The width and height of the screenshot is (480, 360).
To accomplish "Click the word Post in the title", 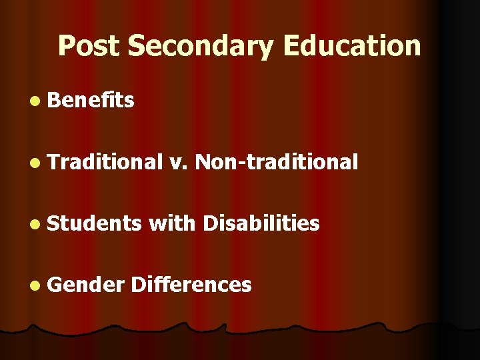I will point(89,46).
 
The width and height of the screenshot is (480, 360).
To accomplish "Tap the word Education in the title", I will point(352,46).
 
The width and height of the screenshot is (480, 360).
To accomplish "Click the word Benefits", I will point(91,101).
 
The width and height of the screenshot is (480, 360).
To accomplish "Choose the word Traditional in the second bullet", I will point(105,161).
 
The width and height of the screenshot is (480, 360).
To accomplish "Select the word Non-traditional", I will point(277,161).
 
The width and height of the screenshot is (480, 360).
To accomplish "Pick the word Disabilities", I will point(261,223).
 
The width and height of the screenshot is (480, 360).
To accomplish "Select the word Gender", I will point(87,285).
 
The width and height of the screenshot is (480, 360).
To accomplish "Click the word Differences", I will point(191,285).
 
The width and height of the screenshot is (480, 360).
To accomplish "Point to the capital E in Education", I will point(293,46).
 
